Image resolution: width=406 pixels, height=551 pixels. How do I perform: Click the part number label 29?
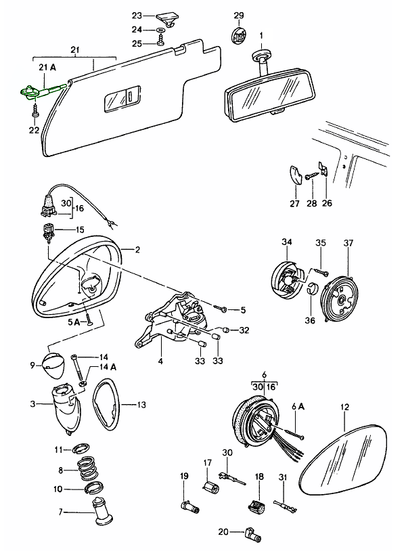tap(238, 15)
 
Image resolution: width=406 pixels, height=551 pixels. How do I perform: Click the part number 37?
tap(348, 242)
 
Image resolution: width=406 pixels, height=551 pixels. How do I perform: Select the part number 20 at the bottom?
tap(225, 531)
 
